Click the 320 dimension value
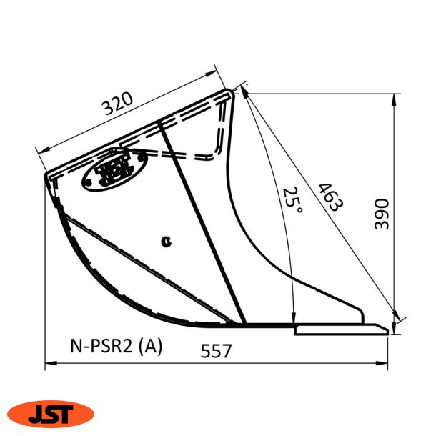118,105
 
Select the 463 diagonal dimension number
330,198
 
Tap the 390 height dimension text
382,214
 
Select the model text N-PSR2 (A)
116,346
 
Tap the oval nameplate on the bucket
113,169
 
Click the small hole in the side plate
167,242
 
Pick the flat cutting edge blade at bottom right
341,329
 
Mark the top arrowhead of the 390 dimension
395,97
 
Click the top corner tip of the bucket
229,91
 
